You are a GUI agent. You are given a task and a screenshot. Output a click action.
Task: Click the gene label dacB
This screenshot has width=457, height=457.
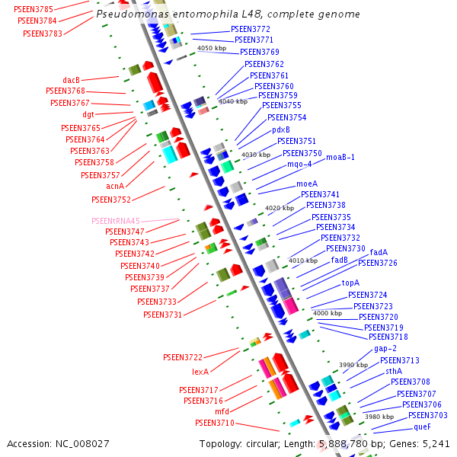(71, 80)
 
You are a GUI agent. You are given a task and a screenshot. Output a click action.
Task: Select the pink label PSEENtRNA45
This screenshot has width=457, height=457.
(115, 221)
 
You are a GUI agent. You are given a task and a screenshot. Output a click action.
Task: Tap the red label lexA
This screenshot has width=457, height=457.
(200, 372)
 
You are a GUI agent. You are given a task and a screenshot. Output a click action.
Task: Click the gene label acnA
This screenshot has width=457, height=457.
(115, 185)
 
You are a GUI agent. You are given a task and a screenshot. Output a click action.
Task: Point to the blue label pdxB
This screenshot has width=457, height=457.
(281, 129)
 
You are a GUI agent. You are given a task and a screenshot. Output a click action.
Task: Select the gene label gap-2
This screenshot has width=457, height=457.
(385, 349)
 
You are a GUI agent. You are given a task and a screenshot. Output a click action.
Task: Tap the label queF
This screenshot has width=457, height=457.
(422, 427)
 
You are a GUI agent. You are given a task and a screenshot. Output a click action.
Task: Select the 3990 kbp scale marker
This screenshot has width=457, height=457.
(353, 365)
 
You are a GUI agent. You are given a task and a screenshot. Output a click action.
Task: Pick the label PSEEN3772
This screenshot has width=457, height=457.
(251, 29)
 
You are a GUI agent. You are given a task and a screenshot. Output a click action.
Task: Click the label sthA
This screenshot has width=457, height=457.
(394, 371)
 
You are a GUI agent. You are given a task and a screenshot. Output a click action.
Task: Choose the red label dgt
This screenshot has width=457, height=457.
(88, 114)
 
